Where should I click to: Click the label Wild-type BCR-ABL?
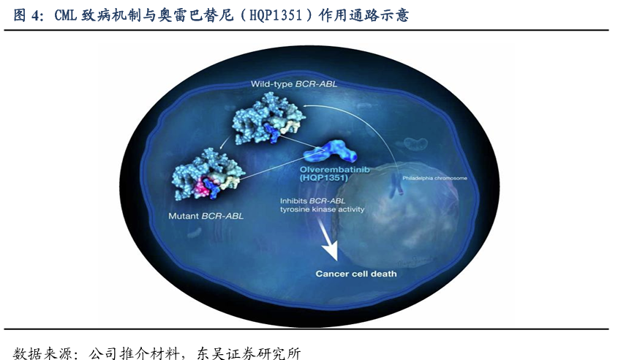[x=293, y=84]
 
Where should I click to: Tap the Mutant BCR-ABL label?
[x=206, y=216]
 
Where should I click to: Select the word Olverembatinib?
[x=334, y=169]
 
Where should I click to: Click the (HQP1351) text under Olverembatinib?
[x=324, y=177]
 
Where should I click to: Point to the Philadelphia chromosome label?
[x=435, y=179]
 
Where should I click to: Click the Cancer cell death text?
[x=356, y=274]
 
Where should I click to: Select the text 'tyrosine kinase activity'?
[x=322, y=209]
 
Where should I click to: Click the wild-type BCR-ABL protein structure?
[x=268, y=119]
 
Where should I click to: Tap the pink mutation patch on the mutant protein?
[x=197, y=186]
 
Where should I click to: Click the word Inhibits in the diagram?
[x=293, y=200]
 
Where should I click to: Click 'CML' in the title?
[x=66, y=15]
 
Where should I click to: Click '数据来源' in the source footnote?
[x=42, y=353]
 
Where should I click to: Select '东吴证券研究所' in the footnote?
[x=249, y=353]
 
